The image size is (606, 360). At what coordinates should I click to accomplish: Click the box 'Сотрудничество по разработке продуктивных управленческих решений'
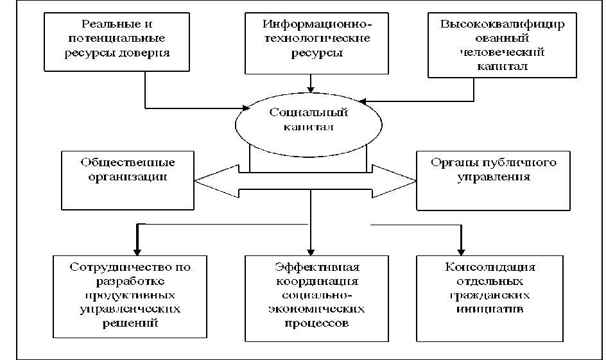tap(131, 296)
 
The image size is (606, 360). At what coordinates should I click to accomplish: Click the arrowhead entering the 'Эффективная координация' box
tap(311, 251)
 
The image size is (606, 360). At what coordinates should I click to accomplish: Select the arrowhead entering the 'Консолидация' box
tap(460, 251)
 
